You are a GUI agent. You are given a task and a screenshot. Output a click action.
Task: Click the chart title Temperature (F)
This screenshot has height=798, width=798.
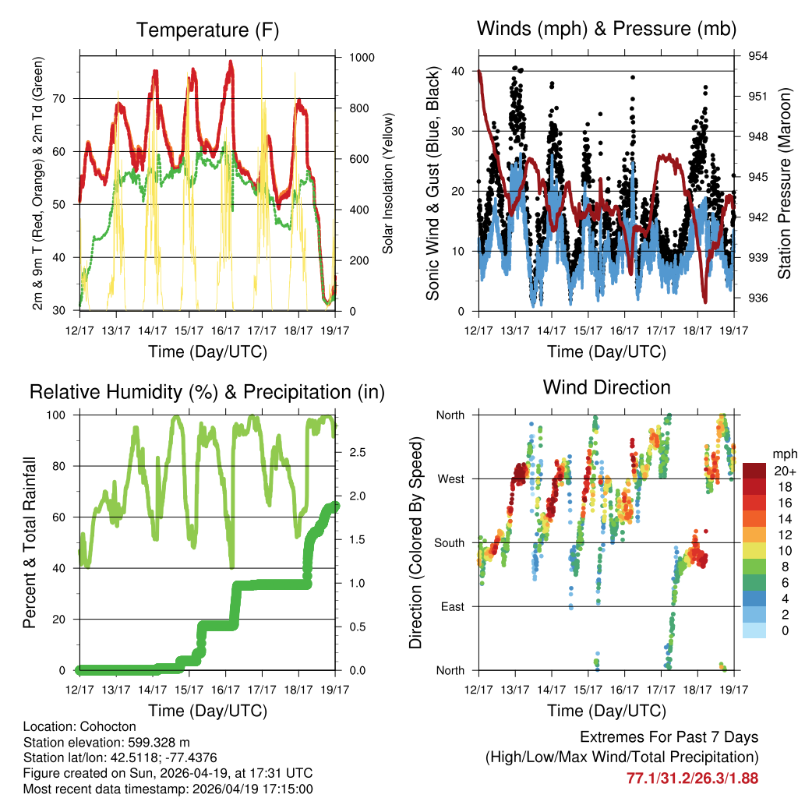tap(207, 30)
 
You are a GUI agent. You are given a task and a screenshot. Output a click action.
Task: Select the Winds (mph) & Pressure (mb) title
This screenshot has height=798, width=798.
tap(606, 30)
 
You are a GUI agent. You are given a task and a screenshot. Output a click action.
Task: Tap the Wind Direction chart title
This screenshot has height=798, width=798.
tap(606, 387)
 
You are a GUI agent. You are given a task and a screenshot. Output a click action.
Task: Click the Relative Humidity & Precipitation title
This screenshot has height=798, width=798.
tap(207, 392)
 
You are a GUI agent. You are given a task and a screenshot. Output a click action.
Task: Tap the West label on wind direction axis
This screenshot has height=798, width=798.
tap(450, 478)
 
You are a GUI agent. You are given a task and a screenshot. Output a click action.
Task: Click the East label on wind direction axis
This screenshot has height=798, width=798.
tap(452, 606)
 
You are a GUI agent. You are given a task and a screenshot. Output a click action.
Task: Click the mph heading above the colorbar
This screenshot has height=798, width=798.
tap(782, 454)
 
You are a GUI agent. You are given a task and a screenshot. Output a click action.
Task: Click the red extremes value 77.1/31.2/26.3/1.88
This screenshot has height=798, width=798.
tap(692, 778)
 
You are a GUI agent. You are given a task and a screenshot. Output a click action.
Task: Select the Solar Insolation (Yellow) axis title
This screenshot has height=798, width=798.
tap(387, 184)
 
